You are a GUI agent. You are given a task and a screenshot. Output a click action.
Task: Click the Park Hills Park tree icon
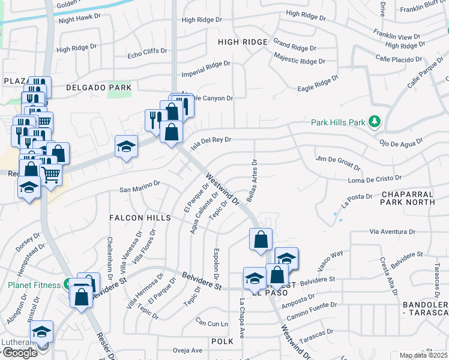coord(375,122)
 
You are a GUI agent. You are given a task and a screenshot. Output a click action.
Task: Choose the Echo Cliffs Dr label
coord(147,53)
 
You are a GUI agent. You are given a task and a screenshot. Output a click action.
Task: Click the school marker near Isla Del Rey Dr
coord(126,146)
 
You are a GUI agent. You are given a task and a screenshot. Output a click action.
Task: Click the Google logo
coord(20,353)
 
